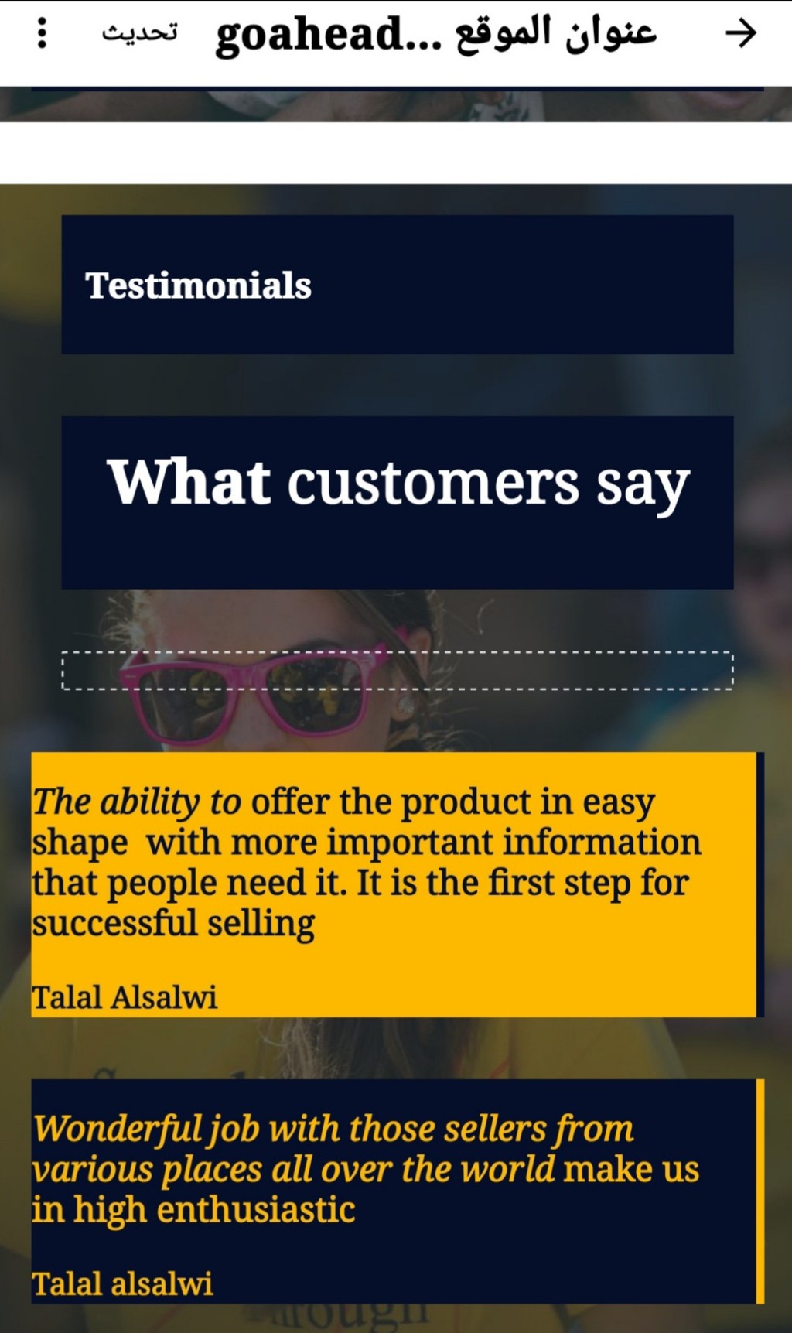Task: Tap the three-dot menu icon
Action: tap(43, 33)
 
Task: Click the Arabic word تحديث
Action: tap(140, 32)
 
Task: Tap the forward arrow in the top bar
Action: tap(740, 33)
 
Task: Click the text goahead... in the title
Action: tap(329, 35)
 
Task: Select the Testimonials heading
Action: tap(198, 285)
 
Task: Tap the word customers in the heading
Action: tap(433, 484)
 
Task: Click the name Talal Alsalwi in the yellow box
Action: tap(125, 996)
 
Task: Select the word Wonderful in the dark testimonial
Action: tap(118, 1129)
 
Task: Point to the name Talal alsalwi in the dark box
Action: tap(122, 1283)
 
